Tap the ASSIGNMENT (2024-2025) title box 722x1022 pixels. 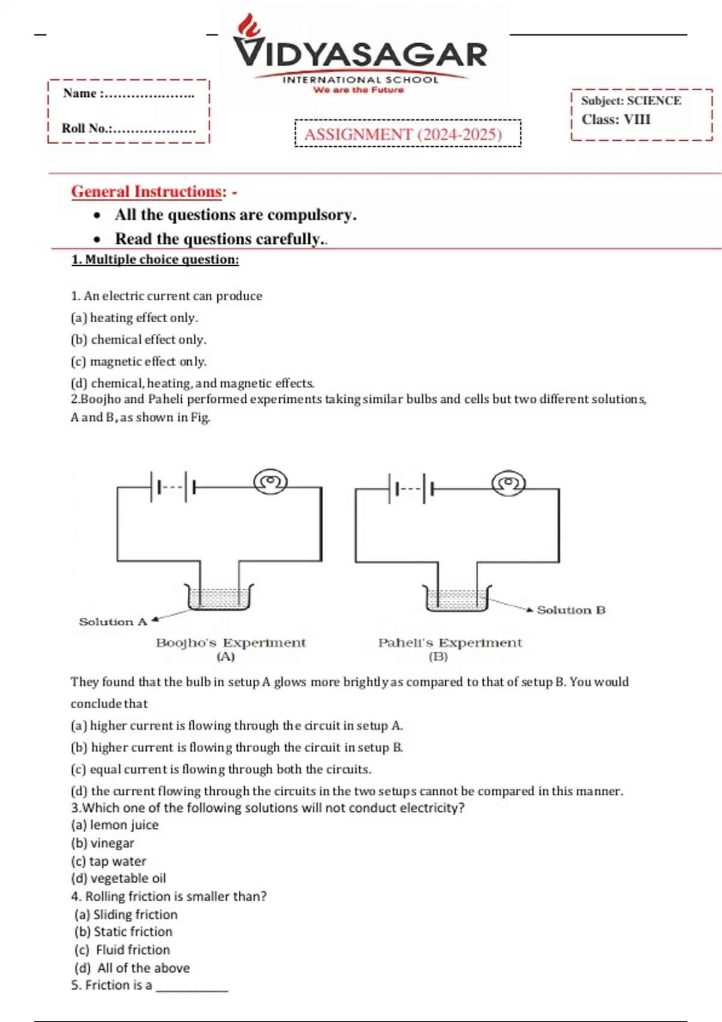coord(407,133)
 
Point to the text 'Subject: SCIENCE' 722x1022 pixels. coord(631,100)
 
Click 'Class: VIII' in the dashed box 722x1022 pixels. coord(616,119)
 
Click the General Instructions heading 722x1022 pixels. coord(148,191)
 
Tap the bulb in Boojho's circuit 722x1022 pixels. coord(271,482)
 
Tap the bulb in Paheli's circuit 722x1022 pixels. coord(508,483)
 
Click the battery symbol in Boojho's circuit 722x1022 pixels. coord(173,487)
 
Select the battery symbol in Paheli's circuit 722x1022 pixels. coord(412,488)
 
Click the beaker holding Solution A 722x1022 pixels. coord(219,598)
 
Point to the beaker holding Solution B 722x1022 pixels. coord(457,599)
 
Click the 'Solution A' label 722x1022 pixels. coord(113,622)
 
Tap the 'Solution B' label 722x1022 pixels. coord(571,610)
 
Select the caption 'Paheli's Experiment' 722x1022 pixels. coord(449,643)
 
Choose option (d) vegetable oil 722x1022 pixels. coord(119,878)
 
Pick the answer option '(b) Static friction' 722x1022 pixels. coord(123,931)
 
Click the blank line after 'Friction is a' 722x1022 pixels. coord(192,988)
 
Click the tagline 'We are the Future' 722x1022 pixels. coord(359,90)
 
